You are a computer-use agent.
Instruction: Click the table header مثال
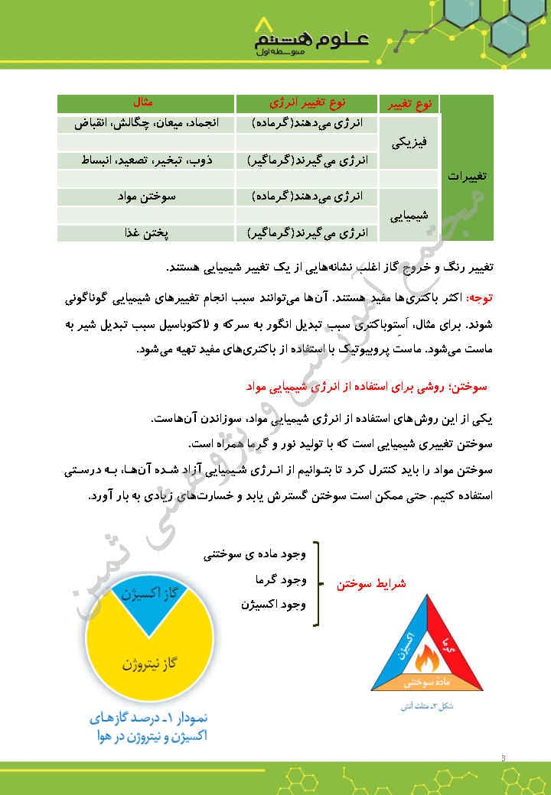143,102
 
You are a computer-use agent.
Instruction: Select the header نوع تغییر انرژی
306,102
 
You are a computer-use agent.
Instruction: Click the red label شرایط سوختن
371,583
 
